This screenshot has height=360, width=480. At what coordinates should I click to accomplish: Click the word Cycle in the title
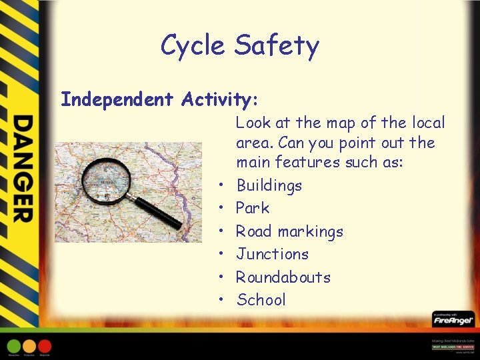tap(194, 46)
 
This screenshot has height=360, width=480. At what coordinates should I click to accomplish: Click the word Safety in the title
tap(277, 46)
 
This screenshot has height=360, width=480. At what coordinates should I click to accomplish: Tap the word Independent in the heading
tap(117, 100)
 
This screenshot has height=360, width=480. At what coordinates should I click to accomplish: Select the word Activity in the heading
tap(216, 100)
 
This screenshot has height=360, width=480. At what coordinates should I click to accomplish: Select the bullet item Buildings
tap(269, 185)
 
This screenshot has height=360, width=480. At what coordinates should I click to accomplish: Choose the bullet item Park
tap(253, 208)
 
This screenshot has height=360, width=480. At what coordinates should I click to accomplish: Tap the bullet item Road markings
tap(289, 231)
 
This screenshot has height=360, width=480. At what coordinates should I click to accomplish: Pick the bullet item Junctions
tap(272, 254)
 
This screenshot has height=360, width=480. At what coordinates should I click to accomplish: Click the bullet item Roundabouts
tap(283, 277)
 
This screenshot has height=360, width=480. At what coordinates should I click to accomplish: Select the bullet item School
tap(261, 300)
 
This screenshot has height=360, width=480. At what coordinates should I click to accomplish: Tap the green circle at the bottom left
tap(13, 346)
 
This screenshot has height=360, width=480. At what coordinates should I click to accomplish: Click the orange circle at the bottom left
tap(29, 346)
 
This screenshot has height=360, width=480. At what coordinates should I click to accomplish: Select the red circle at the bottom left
tap(45, 346)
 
